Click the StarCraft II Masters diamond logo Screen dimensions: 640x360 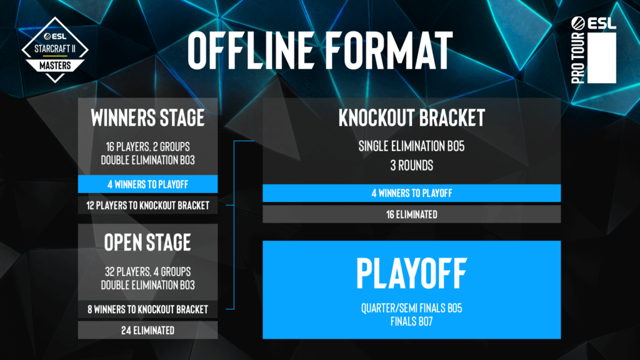pyautogui.click(x=55, y=50)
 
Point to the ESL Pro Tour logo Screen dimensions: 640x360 pyautogui.click(x=594, y=50)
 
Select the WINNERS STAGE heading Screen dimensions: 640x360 pyautogui.click(x=147, y=118)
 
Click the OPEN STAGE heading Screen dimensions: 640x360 pyautogui.click(x=147, y=242)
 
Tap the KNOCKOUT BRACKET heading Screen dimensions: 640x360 pyautogui.click(x=412, y=118)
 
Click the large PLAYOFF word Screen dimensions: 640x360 pyautogui.click(x=412, y=274)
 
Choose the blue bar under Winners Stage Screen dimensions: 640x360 pyautogui.click(x=147, y=184)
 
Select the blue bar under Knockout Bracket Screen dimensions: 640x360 pyautogui.click(x=412, y=193)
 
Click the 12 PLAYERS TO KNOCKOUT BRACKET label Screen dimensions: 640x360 pyautogui.click(x=147, y=205)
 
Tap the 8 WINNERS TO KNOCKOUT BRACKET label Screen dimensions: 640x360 pyautogui.click(x=147, y=309)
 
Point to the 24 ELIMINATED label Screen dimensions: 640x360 pyautogui.click(x=147, y=330)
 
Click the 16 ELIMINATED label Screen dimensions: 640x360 pyautogui.click(x=412, y=214)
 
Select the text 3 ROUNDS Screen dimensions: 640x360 pyautogui.click(x=412, y=165)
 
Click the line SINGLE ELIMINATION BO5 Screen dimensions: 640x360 pyautogui.click(x=412, y=146)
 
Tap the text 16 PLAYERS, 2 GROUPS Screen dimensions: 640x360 pyautogui.click(x=147, y=146)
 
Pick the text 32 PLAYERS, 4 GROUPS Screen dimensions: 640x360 pyautogui.click(x=147, y=271)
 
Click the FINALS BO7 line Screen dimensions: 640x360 pyautogui.click(x=412, y=322)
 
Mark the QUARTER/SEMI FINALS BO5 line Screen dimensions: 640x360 pyautogui.click(x=412, y=308)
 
